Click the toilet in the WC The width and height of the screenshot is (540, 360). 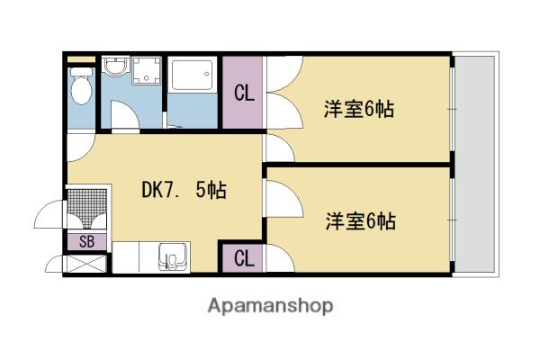click(82, 87)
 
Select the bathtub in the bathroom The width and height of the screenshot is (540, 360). click(192, 75)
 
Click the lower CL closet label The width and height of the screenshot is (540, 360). click(243, 258)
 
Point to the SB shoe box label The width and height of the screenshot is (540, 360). click(87, 241)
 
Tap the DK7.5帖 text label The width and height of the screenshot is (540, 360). click(184, 190)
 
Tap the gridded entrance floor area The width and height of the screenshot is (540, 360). click(87, 208)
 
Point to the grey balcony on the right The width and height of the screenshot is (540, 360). click(472, 162)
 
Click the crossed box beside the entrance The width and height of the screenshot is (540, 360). click(87, 265)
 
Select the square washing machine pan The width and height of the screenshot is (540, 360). click(147, 71)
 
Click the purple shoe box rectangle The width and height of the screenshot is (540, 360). click(87, 241)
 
